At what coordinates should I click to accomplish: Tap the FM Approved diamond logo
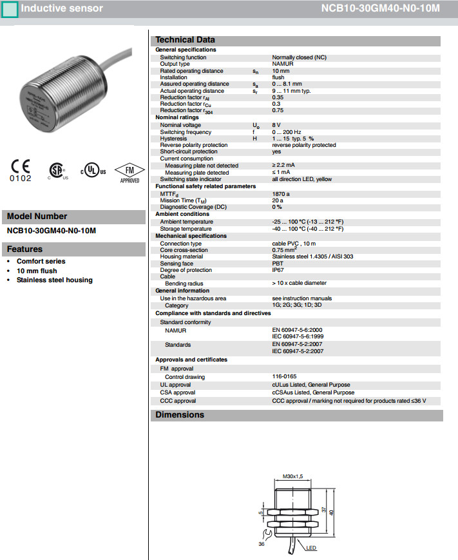tap(129, 171)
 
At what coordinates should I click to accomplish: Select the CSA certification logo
tap(58, 169)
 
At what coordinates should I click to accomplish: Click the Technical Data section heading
tap(186, 40)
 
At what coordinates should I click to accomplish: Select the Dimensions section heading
tap(180, 415)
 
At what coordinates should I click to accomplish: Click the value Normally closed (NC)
tap(299, 57)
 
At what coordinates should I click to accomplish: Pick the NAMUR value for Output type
tap(283, 64)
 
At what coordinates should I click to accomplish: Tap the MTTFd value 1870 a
tap(281, 193)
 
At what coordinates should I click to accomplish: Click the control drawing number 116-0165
tap(283, 376)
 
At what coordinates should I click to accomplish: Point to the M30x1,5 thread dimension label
tap(293, 478)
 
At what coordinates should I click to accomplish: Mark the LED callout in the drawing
tap(312, 548)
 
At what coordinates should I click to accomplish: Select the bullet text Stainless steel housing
tap(55, 280)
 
